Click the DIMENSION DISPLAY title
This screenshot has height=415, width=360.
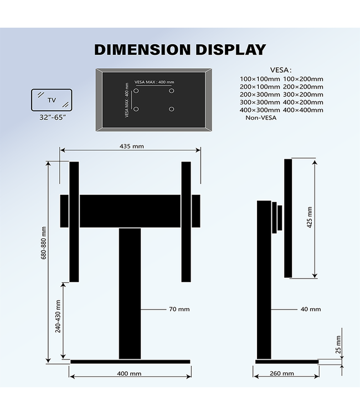(180, 49)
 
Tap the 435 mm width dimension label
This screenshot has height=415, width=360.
(131, 146)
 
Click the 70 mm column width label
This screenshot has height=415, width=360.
(179, 309)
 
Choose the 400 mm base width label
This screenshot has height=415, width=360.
(130, 373)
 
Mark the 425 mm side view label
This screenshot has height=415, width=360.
(310, 217)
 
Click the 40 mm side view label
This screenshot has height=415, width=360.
(311, 309)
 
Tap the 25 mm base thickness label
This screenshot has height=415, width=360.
(338, 345)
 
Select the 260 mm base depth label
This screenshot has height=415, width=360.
(282, 373)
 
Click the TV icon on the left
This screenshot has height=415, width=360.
(51, 100)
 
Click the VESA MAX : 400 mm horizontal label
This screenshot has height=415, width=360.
(153, 82)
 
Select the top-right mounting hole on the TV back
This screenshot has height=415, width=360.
(172, 90)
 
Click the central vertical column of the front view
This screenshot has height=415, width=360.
(130, 293)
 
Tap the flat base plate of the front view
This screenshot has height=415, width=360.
(130, 362)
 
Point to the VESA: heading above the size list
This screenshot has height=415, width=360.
(280, 70)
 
